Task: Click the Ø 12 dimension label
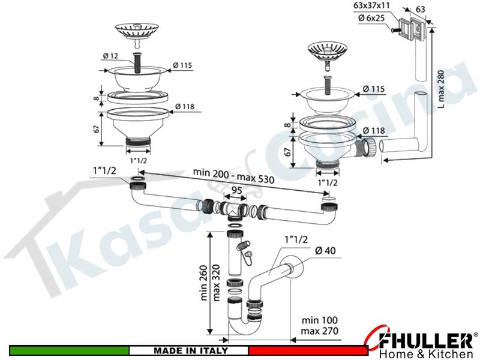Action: [110, 56]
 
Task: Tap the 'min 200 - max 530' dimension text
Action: [233, 176]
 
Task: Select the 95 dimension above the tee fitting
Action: [236, 190]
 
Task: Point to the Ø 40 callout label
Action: [325, 251]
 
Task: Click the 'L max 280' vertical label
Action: [441, 89]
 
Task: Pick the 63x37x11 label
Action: [371, 6]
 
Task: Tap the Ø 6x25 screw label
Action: [371, 18]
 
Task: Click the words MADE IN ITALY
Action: [190, 350]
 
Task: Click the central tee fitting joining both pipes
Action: [235, 211]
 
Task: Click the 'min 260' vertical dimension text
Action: [204, 283]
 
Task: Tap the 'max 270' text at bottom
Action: [319, 331]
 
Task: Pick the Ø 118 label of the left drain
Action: [185, 107]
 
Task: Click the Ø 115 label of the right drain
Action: [373, 89]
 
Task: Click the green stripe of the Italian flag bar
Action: [69, 350]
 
